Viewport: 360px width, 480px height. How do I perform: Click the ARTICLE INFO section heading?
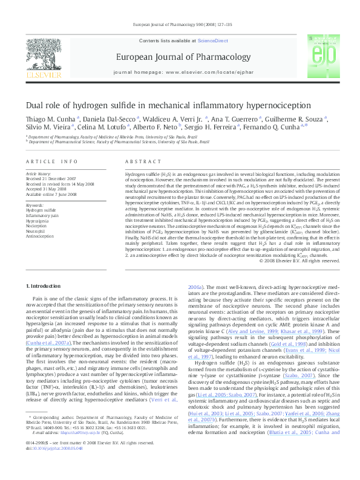(x=52, y=162)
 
